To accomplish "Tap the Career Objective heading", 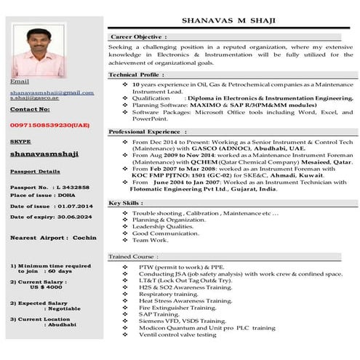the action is tap(139, 36).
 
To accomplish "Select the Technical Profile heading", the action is tap(137, 75).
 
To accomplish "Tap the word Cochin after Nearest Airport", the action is tap(84, 238).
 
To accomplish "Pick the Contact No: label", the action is tap(31, 109).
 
